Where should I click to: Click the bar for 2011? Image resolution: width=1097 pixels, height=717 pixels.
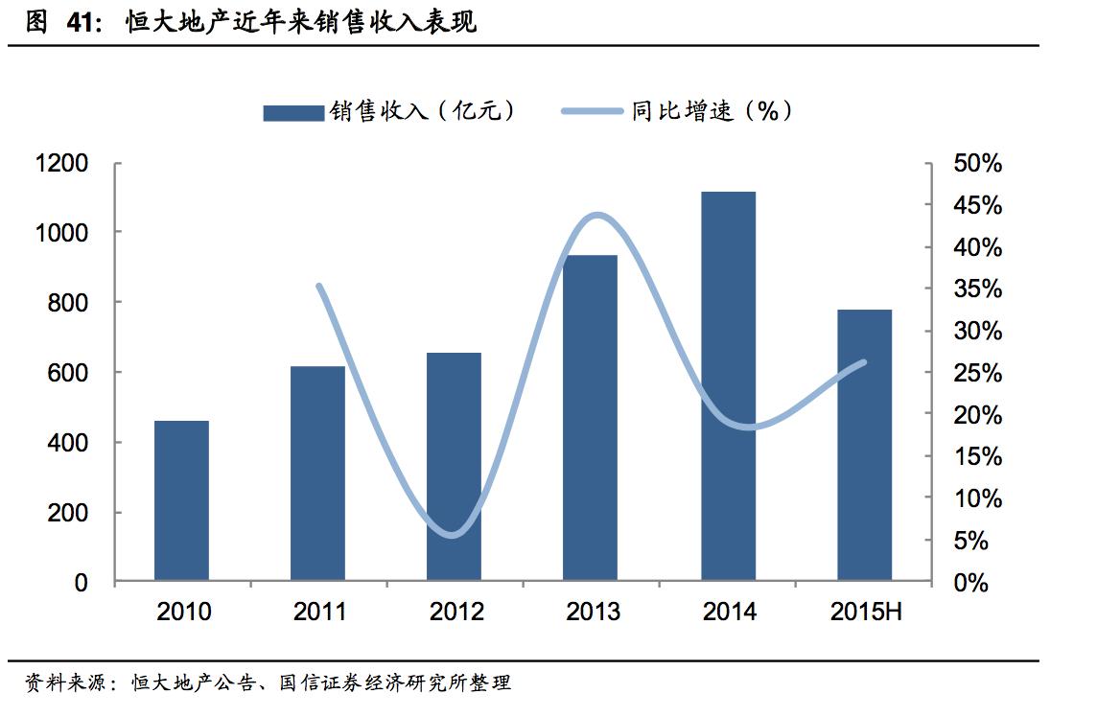tap(317, 474)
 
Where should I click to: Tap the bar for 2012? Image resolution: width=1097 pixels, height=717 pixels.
tap(454, 467)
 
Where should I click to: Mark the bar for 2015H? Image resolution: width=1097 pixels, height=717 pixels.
tap(864, 445)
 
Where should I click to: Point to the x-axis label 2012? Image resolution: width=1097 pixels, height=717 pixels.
tap(456, 612)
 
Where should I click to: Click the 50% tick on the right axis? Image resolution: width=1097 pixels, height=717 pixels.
tap(977, 164)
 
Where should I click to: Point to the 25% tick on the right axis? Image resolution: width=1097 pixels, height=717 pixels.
tap(977, 373)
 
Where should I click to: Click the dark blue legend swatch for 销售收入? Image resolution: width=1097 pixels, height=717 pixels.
tap(293, 112)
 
